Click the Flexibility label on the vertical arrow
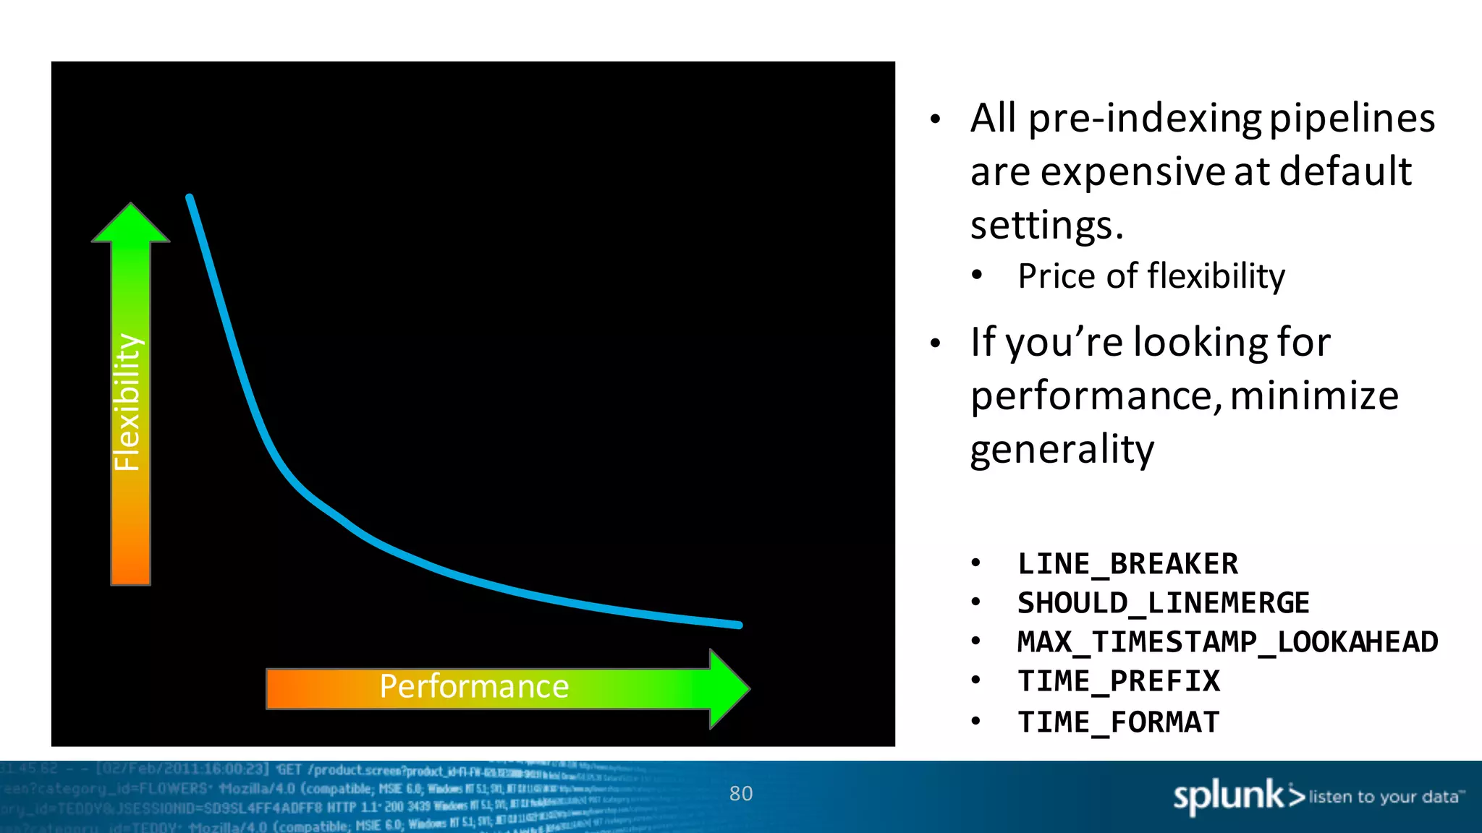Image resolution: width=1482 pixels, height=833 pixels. tap(128, 402)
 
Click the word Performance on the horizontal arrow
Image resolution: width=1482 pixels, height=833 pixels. tap(474, 686)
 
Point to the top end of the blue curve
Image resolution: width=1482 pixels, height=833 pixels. tap(190, 197)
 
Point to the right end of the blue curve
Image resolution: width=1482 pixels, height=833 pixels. tap(738, 625)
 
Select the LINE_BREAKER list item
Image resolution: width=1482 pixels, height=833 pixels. tap(1127, 564)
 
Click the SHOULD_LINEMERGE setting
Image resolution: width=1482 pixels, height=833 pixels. tap(1163, 603)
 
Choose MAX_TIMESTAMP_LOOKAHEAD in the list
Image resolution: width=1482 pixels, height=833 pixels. tap(1227, 642)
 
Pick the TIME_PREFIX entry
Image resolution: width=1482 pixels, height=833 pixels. tap(1118, 681)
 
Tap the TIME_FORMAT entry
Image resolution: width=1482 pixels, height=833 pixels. tap(1118, 722)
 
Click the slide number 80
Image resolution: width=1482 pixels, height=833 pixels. tap(741, 794)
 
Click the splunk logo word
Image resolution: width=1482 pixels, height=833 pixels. tap(1227, 796)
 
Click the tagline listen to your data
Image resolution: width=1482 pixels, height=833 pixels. tap(1384, 797)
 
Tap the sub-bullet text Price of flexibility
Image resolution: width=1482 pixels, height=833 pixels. tap(1151, 276)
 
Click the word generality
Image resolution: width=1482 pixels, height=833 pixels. tap(1062, 450)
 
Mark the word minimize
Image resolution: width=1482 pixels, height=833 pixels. tap(1314, 396)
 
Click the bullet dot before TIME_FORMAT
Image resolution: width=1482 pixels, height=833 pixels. tap(976, 720)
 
